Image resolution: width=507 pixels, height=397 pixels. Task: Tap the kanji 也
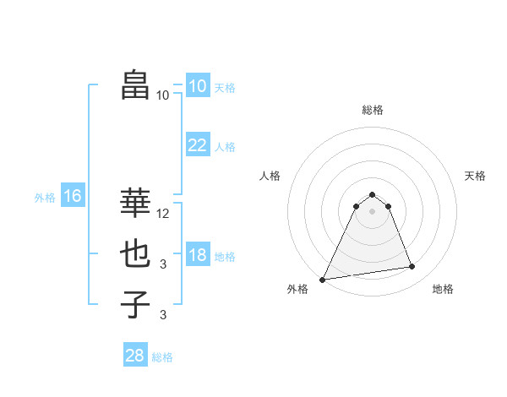click(135, 253)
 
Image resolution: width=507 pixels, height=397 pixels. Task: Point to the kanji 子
click(135, 304)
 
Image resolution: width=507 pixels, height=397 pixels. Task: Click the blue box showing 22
click(198, 145)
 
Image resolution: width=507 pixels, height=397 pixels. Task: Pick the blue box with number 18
click(198, 255)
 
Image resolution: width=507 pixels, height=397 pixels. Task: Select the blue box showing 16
click(73, 197)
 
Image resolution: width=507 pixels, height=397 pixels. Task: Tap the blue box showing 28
click(135, 356)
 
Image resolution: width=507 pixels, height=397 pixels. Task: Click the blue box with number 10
click(198, 86)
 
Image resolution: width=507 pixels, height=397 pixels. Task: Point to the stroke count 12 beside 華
click(164, 214)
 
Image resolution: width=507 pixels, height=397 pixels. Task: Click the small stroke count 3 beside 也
click(163, 264)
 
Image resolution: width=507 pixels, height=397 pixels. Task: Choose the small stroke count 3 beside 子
click(163, 315)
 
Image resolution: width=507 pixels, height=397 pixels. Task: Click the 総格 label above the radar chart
click(372, 110)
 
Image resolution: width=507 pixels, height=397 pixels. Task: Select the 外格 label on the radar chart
click(297, 289)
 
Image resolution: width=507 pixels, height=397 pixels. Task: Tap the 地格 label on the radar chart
click(443, 289)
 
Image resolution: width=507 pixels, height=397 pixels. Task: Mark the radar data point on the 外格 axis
click(323, 280)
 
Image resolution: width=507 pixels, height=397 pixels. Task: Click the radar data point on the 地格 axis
click(412, 267)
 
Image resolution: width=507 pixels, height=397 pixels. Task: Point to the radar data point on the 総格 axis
click(372, 194)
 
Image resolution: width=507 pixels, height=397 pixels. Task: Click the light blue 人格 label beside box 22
click(225, 147)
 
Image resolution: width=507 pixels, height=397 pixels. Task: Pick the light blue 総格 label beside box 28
click(162, 357)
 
